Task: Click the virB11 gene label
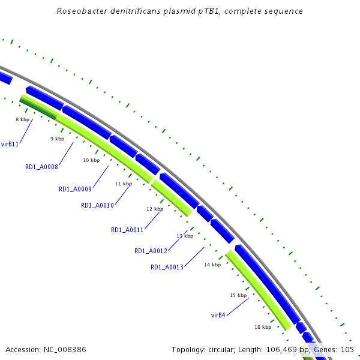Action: (x=10, y=144)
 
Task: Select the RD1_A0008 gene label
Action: (x=41, y=167)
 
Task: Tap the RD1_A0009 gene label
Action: (x=75, y=189)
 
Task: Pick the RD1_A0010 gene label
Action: (x=97, y=205)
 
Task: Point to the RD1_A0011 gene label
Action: (x=127, y=230)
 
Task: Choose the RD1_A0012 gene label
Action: (x=151, y=251)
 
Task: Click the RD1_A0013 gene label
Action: (x=167, y=267)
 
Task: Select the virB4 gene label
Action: (x=218, y=315)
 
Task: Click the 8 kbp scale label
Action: (x=23, y=119)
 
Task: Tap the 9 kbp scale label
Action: (x=57, y=139)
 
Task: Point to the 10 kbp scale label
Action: (x=91, y=160)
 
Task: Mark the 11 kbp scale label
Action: (x=124, y=184)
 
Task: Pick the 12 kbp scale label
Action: (x=155, y=209)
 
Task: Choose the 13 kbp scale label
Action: (x=185, y=236)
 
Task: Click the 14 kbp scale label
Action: (x=212, y=265)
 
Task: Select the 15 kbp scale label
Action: (x=238, y=295)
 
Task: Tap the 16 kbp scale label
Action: (x=263, y=327)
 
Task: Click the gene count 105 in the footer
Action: (x=347, y=349)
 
